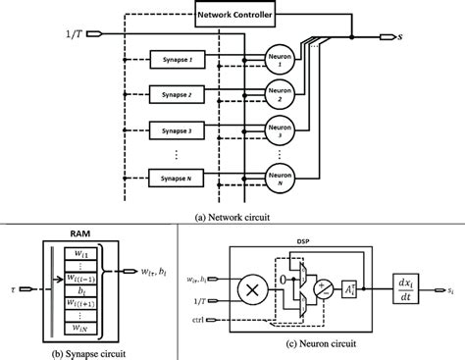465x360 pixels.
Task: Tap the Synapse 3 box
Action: coord(176,128)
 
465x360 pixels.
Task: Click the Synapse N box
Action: coord(176,179)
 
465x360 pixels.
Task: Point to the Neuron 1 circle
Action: coord(282,61)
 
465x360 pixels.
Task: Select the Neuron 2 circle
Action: coord(282,94)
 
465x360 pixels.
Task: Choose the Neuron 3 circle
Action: coord(282,129)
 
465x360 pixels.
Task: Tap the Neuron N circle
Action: coord(282,178)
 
